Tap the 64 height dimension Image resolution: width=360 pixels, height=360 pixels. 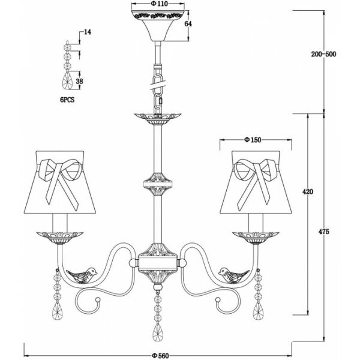click(188, 24)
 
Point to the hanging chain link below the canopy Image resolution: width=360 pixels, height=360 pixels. click(159, 90)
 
